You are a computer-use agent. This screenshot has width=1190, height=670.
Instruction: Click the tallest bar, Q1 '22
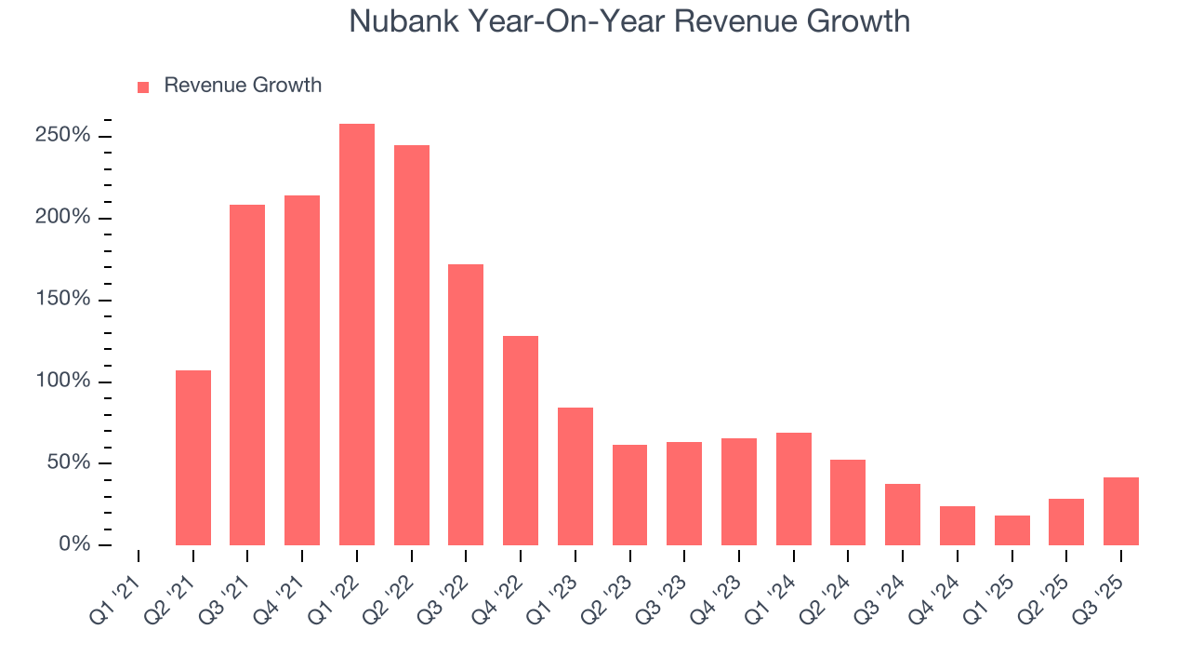[357, 334]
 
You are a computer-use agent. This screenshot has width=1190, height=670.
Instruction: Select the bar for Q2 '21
[193, 458]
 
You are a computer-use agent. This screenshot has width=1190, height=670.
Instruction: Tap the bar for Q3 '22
[466, 405]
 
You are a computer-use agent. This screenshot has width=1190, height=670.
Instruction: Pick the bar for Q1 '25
[1012, 530]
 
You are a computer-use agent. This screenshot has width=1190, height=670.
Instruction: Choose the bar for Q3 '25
[1121, 511]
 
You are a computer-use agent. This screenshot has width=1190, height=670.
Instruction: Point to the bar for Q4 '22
[521, 440]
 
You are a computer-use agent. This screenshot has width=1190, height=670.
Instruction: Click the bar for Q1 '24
[794, 489]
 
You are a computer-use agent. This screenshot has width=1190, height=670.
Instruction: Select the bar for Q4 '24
[958, 526]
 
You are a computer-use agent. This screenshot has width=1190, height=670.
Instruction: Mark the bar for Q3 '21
[247, 375]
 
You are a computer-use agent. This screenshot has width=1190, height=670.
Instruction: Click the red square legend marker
[143, 87]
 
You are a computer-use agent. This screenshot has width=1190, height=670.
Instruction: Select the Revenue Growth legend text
[243, 86]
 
